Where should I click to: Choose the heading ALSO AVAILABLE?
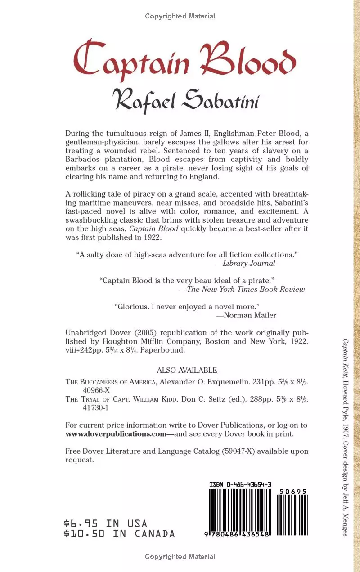coord(187,370)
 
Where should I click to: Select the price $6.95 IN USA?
coord(106,523)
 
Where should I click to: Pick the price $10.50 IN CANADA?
coord(120,534)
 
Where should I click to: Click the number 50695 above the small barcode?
coord(292,492)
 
